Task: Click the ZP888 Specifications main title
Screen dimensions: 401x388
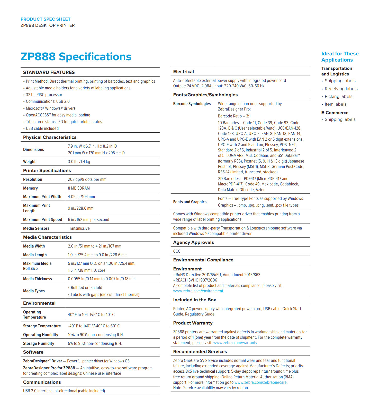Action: pos(76,57)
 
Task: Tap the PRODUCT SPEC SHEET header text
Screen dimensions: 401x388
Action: pos(46,19)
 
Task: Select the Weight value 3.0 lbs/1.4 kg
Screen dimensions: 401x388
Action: pos(79,162)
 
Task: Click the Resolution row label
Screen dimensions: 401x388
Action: pos(33,180)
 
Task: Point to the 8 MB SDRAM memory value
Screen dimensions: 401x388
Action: pos(79,188)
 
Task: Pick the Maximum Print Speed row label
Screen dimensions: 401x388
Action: pos(43,220)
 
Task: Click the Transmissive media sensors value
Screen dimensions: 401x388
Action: pos(79,228)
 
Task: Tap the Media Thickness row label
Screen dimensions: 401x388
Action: pos(38,279)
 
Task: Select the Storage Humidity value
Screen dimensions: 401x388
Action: pos(95,344)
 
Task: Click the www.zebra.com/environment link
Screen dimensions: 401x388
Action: pos(198,291)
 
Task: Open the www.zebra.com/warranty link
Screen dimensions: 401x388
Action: pos(235,343)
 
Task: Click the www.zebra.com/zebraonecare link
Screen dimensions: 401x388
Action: pos(260,382)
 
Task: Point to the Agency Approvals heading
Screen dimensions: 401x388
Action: pos(193,242)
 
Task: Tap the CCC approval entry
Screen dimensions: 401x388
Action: pos(177,251)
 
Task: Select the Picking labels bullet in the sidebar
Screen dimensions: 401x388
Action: pos(338,97)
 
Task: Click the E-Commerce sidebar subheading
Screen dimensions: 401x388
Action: pos(335,113)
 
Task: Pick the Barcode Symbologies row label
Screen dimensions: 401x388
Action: pos(192,104)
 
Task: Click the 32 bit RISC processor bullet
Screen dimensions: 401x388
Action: pos(44,95)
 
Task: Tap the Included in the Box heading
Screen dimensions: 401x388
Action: pos(194,300)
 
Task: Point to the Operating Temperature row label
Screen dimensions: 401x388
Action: pos(34,315)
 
